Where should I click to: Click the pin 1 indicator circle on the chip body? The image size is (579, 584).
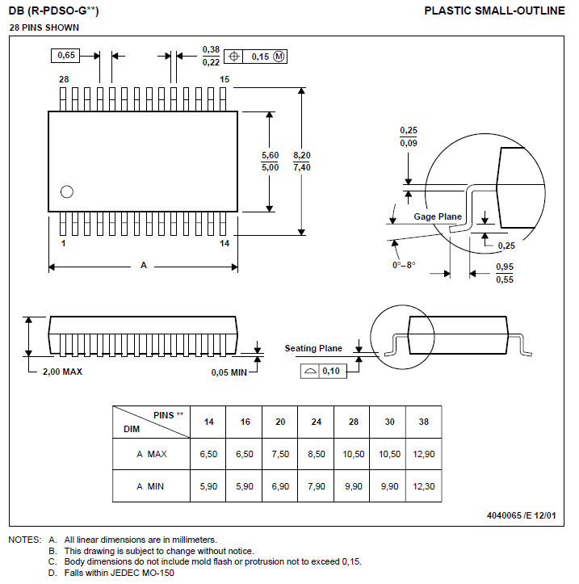coord(67,191)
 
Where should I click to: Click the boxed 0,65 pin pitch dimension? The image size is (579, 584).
coord(67,56)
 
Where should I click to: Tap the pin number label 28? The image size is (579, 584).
coord(64,79)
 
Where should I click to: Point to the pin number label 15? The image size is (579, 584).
coord(224,79)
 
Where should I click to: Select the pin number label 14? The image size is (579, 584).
coord(224,242)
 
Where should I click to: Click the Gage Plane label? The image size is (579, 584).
coord(438,216)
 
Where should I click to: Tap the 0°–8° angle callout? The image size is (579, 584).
coord(404,264)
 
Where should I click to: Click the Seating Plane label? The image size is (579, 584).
coord(313,348)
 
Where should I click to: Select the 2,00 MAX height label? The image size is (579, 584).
coord(62,372)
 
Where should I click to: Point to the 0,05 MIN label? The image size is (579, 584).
coord(229,372)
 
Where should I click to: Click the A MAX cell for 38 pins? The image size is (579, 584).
coord(423,454)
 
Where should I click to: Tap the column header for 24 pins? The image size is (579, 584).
coord(316,422)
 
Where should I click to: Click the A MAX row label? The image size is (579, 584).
coord(151,454)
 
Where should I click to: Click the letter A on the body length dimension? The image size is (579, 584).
coord(144,265)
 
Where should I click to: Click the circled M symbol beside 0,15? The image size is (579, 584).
coord(279,57)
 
